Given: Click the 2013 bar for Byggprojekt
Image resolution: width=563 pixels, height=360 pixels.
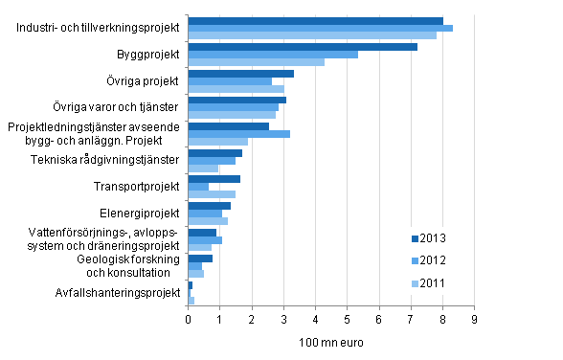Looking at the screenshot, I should click(x=303, y=46).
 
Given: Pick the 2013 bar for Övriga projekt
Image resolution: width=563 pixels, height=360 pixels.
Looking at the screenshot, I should click(x=240, y=73).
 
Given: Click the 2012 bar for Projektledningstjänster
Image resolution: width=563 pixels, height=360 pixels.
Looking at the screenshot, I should click(x=238, y=134).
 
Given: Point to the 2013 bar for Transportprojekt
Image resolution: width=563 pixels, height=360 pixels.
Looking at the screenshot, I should click(x=214, y=178).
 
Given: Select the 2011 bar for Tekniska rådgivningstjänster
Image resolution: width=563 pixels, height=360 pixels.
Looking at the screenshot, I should click(x=203, y=169).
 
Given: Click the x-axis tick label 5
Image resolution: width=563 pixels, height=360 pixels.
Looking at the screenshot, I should click(x=347, y=308).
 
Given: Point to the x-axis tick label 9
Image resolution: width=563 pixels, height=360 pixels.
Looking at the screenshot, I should click(x=473, y=308).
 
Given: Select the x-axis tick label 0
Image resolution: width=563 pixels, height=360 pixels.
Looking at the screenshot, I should click(x=189, y=308).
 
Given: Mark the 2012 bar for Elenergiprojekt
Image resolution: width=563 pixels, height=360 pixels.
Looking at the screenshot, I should click(x=205, y=214).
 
